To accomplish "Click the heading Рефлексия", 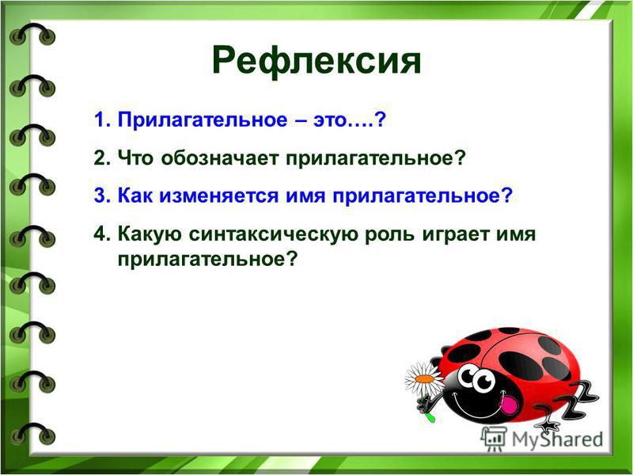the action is [316, 62].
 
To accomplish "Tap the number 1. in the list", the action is [102, 120].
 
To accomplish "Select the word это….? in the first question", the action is [350, 120].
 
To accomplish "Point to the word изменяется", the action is [218, 196].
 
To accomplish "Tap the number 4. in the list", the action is [102, 234].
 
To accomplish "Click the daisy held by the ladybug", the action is [425, 380].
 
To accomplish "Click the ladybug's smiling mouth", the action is [477, 403].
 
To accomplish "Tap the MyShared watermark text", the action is [558, 440].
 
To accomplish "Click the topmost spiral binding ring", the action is [32, 33].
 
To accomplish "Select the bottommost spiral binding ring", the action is [32, 433].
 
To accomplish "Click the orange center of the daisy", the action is [424, 379].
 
